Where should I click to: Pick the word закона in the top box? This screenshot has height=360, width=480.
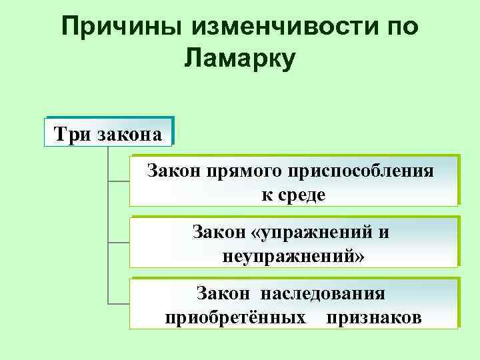click(x=129, y=134)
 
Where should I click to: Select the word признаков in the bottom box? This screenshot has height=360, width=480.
click(x=373, y=317)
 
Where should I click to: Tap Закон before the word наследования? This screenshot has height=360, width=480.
click(x=222, y=294)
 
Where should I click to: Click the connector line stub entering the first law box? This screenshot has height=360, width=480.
click(x=119, y=181)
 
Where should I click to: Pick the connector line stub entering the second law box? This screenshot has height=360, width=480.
click(x=119, y=242)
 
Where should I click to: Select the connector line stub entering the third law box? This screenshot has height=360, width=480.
click(x=119, y=303)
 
